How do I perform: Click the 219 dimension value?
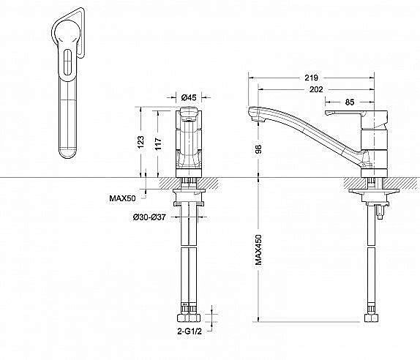point(311,78)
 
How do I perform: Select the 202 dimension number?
point(316,89)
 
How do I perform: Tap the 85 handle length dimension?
point(350,102)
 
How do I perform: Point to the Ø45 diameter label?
point(189,97)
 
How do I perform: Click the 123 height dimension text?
point(140,142)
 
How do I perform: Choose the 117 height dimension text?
point(158,144)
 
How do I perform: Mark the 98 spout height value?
point(258,149)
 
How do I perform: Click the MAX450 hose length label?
point(258,250)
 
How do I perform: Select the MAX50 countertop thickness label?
point(122,198)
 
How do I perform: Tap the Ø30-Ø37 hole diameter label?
point(149,217)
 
